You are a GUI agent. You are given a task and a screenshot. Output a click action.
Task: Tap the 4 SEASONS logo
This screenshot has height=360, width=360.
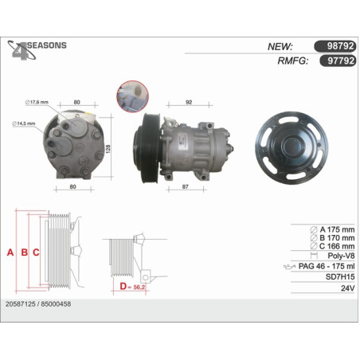pos(37,50)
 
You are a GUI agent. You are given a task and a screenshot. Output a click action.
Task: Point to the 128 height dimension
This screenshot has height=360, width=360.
pos(108,149)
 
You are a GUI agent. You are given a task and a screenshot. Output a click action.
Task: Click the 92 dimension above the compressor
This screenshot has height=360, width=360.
pos(189,102)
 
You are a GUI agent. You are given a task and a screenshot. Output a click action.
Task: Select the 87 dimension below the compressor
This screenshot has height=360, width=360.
pos(186,186)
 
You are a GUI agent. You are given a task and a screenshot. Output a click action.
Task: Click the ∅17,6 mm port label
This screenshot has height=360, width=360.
pos(37,102)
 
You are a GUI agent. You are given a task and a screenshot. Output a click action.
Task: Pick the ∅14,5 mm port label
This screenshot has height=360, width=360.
pos(24,123)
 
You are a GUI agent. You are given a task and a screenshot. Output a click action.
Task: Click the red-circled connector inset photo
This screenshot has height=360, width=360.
pos(132,96)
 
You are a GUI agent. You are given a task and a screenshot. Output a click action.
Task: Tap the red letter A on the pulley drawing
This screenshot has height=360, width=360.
pos(10,252)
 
